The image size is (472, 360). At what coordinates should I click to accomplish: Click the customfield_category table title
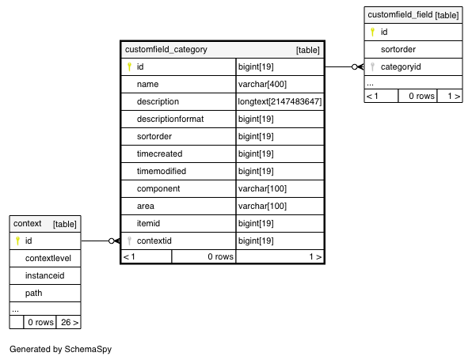pyautogui.click(x=166, y=49)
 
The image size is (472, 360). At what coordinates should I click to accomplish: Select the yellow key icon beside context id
pyautogui.click(x=17, y=241)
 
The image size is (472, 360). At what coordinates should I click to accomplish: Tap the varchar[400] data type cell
pyautogui.click(x=262, y=84)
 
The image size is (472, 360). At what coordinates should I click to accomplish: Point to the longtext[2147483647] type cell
pyautogui.click(x=280, y=101)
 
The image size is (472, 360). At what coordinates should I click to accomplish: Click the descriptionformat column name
pyautogui.click(x=170, y=119)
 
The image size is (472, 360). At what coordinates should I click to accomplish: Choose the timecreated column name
pyautogui.click(x=159, y=153)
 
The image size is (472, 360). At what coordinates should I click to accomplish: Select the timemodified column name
pyautogui.click(x=162, y=171)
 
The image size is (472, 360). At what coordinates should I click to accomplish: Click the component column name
pyautogui.click(x=158, y=189)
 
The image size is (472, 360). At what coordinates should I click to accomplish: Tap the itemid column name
pyautogui.click(x=148, y=223)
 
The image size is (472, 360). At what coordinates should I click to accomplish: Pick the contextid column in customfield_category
pyautogui.click(x=154, y=241)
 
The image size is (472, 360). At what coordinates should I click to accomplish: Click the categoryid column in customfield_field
pyautogui.click(x=401, y=66)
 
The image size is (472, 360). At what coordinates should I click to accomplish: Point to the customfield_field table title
pyautogui.click(x=400, y=14)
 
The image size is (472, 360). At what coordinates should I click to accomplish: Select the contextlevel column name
pyautogui.click(x=48, y=258)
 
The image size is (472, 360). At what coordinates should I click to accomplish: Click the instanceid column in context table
pyautogui.click(x=45, y=275)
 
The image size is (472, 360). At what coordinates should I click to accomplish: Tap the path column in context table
pyautogui.click(x=34, y=293)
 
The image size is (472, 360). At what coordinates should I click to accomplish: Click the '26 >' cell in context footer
pyautogui.click(x=70, y=322)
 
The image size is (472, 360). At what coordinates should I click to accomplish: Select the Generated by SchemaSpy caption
pyautogui.click(x=60, y=349)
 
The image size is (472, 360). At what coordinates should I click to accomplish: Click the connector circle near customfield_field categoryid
pyautogui.click(x=355, y=66)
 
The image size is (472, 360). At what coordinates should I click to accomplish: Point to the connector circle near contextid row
pyautogui.click(x=112, y=241)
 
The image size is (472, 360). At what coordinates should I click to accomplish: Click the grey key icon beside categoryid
pyautogui.click(x=373, y=66)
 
